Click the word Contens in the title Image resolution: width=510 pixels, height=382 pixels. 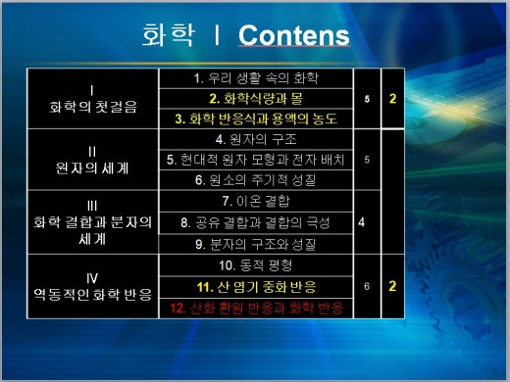294,36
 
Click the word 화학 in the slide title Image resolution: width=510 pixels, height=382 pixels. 166,36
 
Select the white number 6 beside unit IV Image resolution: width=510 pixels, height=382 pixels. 365,286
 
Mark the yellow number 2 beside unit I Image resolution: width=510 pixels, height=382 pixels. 392,99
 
